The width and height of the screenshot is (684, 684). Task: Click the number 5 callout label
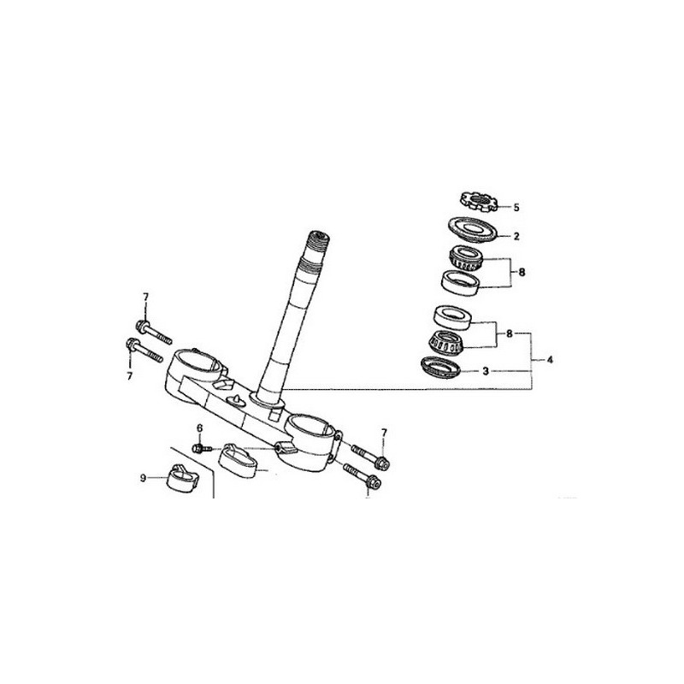pos(516,207)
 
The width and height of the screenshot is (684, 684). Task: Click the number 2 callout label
pos(516,235)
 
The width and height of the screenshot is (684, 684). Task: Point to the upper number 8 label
pos(522,274)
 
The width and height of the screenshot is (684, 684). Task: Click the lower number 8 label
pos(510,334)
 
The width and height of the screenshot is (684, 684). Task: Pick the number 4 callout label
pos(550,360)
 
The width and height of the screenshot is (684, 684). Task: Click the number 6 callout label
pos(199,428)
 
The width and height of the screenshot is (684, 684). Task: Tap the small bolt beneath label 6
pos(200,447)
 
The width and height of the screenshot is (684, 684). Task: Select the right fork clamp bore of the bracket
pos(311,426)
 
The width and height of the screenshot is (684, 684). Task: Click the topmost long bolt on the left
pos(152,330)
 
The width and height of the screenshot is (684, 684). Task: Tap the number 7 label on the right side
pos(384,433)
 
